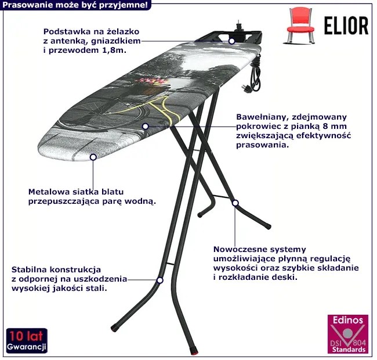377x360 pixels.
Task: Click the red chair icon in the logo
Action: click(x=300, y=26)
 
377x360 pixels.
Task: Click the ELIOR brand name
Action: click(x=346, y=26)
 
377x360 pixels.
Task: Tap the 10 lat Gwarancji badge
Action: click(x=27, y=340)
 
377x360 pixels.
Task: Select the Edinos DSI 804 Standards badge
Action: click(x=348, y=334)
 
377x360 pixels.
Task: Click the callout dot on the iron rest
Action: click(x=231, y=41)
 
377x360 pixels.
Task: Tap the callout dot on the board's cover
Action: click(x=145, y=127)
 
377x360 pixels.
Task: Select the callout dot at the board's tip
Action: click(x=93, y=157)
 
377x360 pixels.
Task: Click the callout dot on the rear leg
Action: click(x=235, y=203)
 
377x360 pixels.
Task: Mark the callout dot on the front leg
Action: click(x=160, y=280)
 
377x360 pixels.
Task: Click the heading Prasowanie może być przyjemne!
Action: click(x=75, y=5)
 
